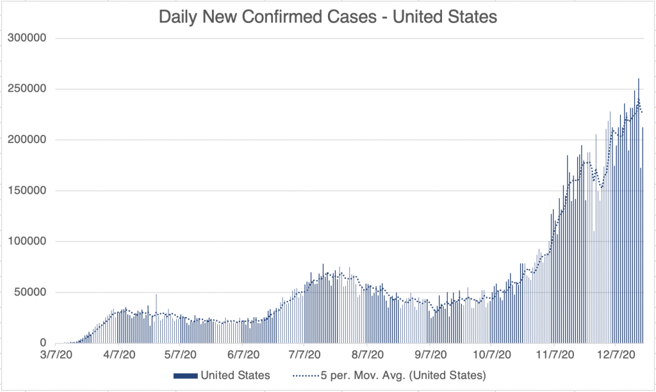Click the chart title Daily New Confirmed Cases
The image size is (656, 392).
point(327,17)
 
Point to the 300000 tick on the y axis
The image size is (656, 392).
point(28,38)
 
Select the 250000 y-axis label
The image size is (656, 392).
point(28,89)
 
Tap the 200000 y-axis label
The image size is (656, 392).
point(28,140)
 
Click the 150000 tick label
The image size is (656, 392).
point(28,191)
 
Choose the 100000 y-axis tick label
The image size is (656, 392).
point(28,242)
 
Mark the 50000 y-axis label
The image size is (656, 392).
point(31,293)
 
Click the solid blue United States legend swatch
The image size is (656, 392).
point(185,375)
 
